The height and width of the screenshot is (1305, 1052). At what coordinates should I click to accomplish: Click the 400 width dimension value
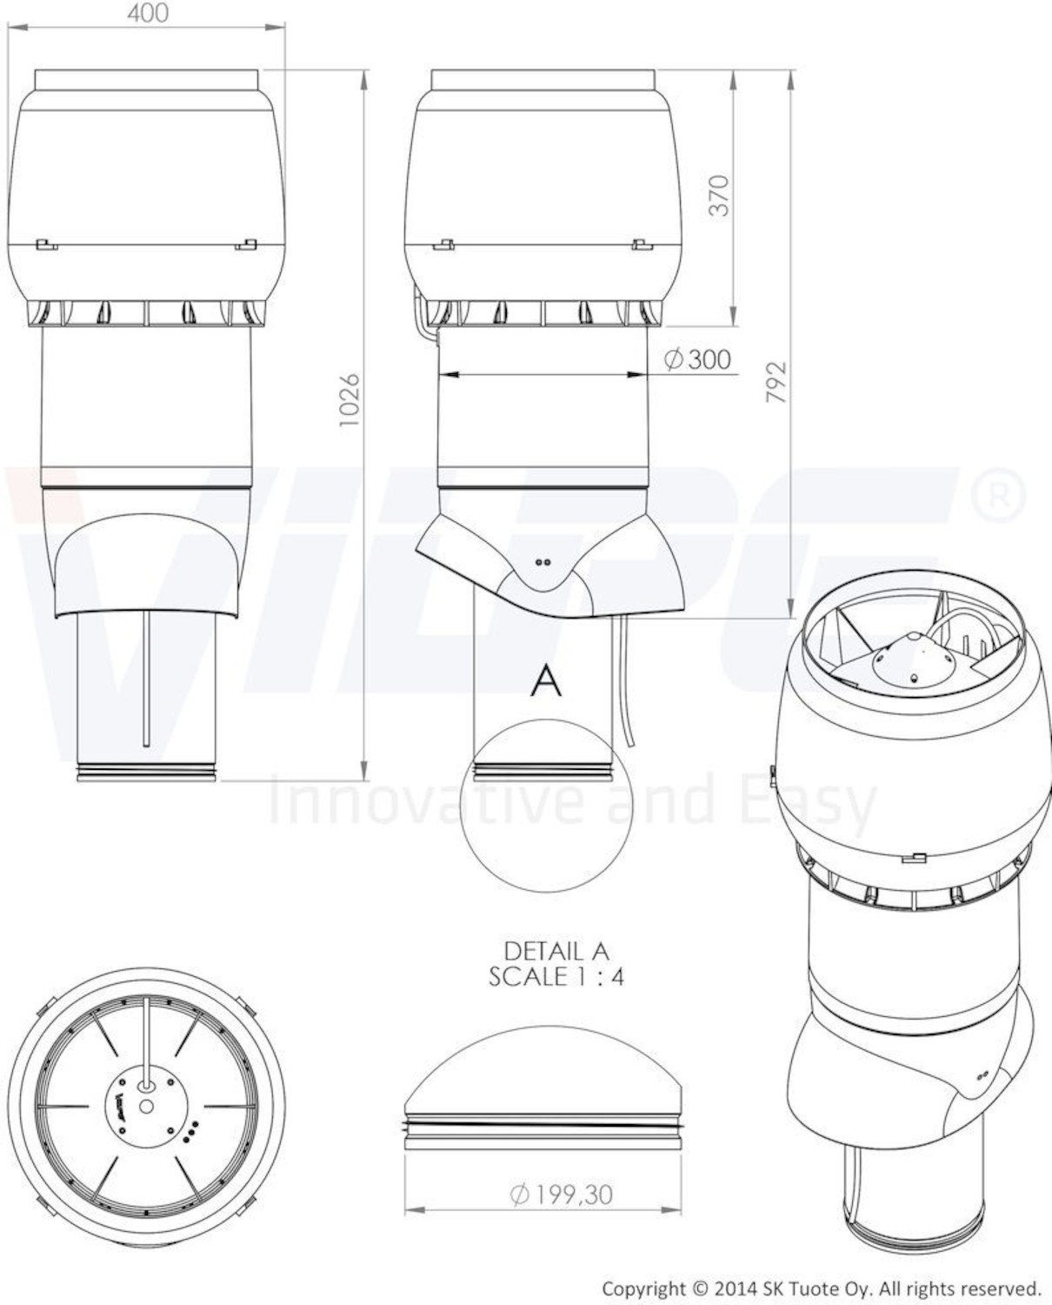pyautogui.click(x=147, y=13)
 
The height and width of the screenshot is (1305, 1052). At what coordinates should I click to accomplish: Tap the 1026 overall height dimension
pyautogui.click(x=350, y=400)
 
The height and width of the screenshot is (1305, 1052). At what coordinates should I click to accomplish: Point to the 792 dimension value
pyautogui.click(x=776, y=382)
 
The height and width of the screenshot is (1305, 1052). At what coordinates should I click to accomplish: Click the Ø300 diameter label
pyautogui.click(x=697, y=359)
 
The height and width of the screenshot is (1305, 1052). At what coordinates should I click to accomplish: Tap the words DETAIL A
pyautogui.click(x=556, y=951)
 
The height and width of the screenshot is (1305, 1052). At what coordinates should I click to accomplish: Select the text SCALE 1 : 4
pyautogui.click(x=556, y=977)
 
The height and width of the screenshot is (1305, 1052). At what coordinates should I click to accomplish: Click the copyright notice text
pyautogui.click(x=820, y=1288)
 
